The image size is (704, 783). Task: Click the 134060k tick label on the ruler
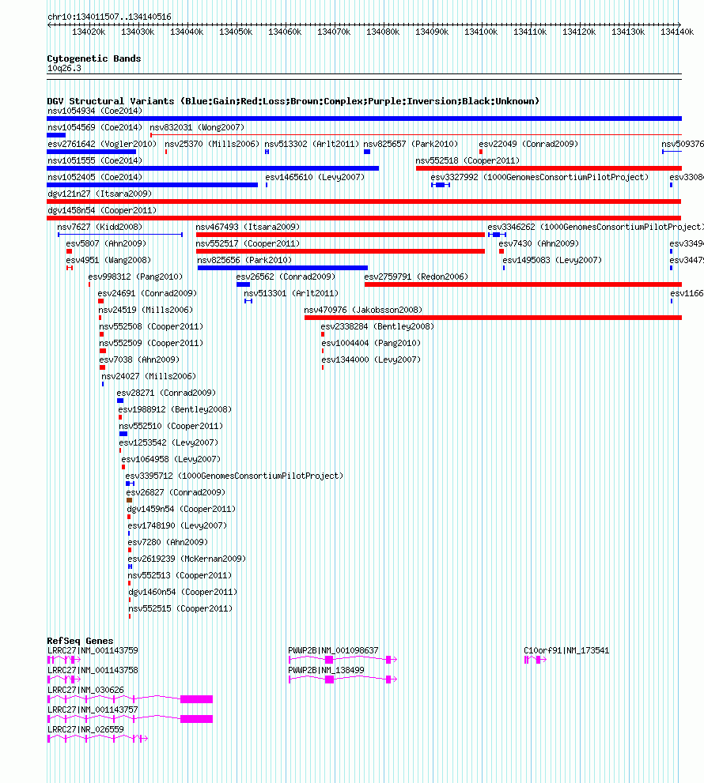click(285, 32)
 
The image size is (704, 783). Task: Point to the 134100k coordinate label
click(481, 32)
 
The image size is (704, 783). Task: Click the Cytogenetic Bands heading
click(94, 58)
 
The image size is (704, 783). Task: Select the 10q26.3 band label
click(65, 69)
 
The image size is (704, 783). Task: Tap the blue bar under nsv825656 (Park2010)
click(282, 268)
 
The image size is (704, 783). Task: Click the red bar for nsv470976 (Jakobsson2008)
click(493, 318)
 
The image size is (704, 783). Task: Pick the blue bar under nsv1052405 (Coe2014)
click(153, 185)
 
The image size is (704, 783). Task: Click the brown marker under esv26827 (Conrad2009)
click(130, 500)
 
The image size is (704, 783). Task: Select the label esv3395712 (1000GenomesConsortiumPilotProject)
click(234, 476)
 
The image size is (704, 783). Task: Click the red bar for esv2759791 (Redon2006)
click(523, 284)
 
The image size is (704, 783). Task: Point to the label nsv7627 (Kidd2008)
click(100, 228)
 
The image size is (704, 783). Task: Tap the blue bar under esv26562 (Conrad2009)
click(244, 284)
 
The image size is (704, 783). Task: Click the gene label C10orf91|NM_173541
click(566, 651)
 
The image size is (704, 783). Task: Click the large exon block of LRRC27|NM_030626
click(196, 699)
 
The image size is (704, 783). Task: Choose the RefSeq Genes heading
click(80, 641)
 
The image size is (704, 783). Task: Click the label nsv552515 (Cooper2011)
click(180, 608)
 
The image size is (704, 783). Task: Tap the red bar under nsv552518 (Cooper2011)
click(549, 168)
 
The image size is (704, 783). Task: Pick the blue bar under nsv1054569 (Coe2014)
click(56, 135)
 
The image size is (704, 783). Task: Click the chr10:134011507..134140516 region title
click(109, 17)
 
